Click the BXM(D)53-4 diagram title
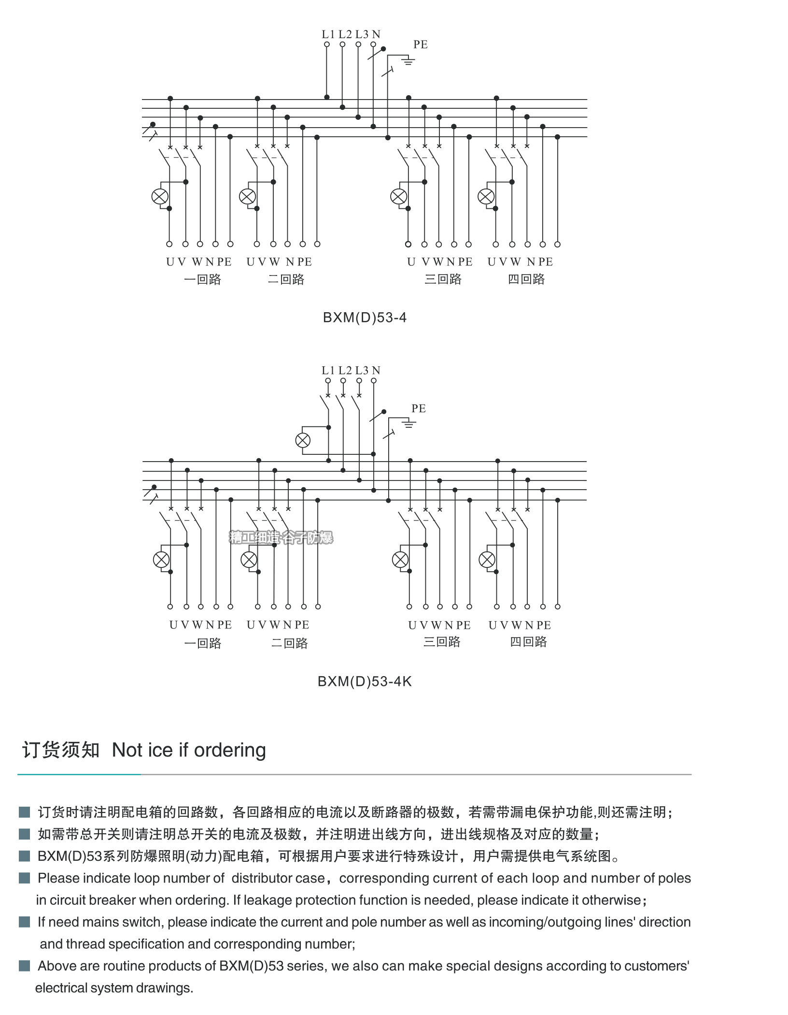[365, 318]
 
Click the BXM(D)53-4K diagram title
[365, 681]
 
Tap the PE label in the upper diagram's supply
[420, 44]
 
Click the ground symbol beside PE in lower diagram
[408, 424]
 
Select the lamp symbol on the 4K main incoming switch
[303, 440]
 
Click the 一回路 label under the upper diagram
[202, 279]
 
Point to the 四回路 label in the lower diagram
[528, 642]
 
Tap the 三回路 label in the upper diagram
[443, 279]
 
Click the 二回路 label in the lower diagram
[289, 643]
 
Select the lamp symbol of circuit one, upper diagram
[160, 197]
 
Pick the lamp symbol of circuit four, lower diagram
[487, 560]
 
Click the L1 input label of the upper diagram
[328, 34]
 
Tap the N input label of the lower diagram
[376, 371]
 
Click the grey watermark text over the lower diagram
[281, 537]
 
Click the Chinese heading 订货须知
[61, 750]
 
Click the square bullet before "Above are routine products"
[24, 966]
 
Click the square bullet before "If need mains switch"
[24, 922]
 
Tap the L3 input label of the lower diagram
[362, 371]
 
